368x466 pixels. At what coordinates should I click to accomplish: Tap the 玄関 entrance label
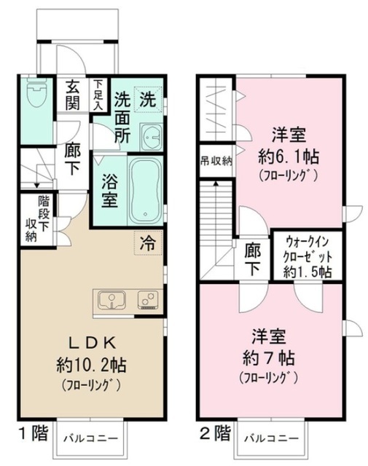tap(72, 95)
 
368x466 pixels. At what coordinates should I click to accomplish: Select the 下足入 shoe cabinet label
tap(98, 95)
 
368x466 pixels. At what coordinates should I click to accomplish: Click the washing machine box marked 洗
tap(148, 99)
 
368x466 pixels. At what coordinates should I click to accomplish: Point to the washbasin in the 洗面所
tap(151, 137)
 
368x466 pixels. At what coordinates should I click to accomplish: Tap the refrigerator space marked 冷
tap(148, 243)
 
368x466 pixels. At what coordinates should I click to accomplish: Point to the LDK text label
tap(92, 344)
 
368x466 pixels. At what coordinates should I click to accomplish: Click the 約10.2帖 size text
tap(91, 365)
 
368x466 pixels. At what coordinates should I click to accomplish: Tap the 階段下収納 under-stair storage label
tap(37, 219)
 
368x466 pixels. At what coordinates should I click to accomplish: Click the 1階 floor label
tap(34, 433)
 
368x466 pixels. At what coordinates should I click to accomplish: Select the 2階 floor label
tap(215, 433)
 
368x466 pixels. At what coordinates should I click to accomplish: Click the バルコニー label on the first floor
tap(91, 438)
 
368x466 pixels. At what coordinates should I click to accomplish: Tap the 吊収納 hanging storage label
tap(216, 161)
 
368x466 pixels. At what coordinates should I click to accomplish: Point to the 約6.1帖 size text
tap(289, 157)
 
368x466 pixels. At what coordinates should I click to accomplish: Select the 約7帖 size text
tap(269, 358)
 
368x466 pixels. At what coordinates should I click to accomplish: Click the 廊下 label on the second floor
tap(253, 259)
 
